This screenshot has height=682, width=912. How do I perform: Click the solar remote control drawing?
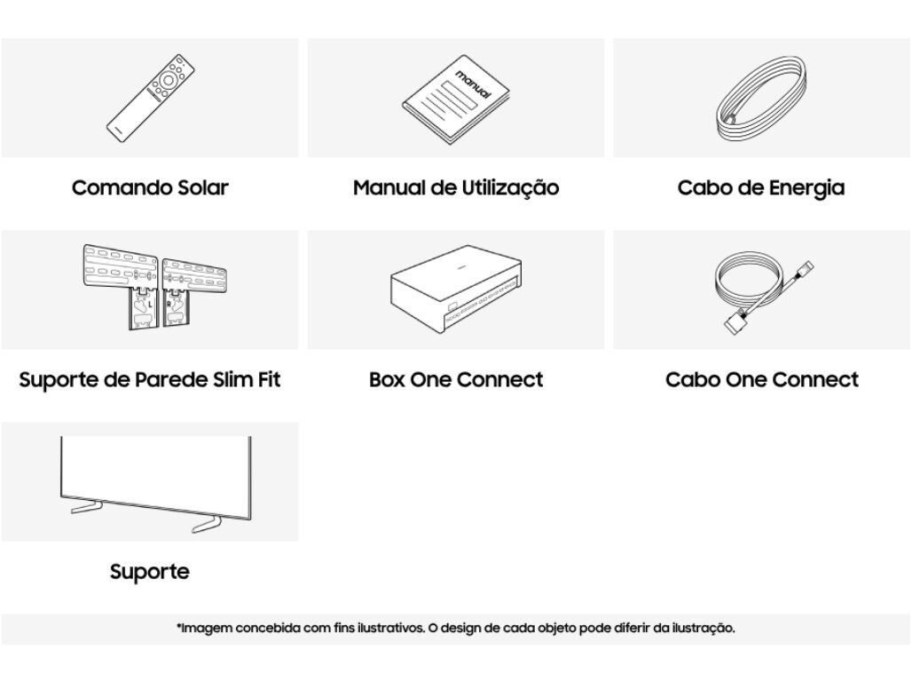150,98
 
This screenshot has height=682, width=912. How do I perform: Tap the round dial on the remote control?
168,81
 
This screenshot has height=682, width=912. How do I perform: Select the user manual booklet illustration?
456,99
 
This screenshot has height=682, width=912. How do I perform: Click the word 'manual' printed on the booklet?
473,83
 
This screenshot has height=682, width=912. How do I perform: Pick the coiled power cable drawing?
761,99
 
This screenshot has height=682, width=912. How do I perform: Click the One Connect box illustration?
456,289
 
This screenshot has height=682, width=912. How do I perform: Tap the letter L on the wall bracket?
150,304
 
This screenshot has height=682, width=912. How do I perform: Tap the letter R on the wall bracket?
169,304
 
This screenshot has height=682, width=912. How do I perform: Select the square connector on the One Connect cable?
733,324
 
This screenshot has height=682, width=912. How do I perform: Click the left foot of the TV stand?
87,507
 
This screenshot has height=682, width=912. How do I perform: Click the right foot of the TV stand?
207,524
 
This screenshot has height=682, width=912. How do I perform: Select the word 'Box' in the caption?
387,380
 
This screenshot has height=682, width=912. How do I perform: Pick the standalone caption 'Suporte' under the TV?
150,572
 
